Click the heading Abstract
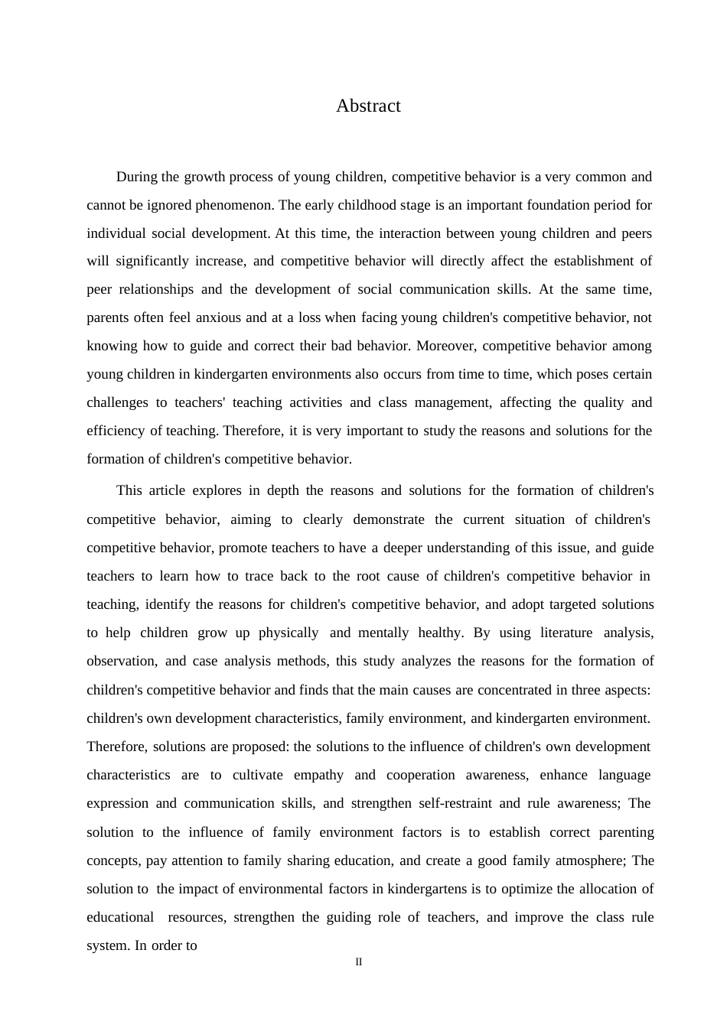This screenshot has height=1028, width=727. point(368,106)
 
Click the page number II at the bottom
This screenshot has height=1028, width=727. point(358,962)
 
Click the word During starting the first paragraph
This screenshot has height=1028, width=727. point(136,177)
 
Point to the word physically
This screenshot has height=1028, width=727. point(289,633)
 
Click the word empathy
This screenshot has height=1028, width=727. point(318,775)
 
